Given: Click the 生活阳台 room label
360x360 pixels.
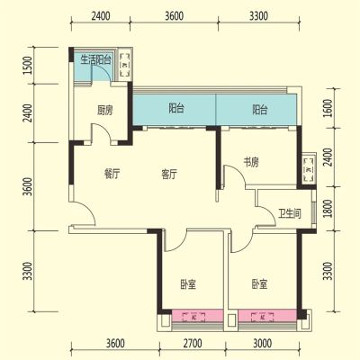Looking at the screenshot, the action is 96,60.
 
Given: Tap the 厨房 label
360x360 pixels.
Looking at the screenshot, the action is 104,111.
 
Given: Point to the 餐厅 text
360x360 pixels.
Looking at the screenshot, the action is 112,174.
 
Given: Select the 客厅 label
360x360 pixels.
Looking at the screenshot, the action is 169,174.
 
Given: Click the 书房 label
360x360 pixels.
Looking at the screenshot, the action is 251,162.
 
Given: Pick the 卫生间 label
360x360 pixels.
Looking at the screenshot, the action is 290,214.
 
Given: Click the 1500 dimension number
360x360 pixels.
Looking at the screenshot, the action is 28,66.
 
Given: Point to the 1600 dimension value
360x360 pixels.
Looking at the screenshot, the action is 329,108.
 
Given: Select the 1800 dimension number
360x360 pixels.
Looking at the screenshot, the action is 329,209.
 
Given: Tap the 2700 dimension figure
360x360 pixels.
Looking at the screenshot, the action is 193,343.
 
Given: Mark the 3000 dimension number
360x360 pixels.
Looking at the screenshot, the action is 263,343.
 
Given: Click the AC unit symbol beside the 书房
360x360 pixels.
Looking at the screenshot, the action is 309,169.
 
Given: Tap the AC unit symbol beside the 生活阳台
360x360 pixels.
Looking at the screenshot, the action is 125,65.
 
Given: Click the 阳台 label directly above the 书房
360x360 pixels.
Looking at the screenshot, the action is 259,110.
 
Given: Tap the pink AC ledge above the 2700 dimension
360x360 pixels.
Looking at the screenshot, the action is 197,316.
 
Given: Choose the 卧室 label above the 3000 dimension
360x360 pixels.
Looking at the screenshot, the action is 259,283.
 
